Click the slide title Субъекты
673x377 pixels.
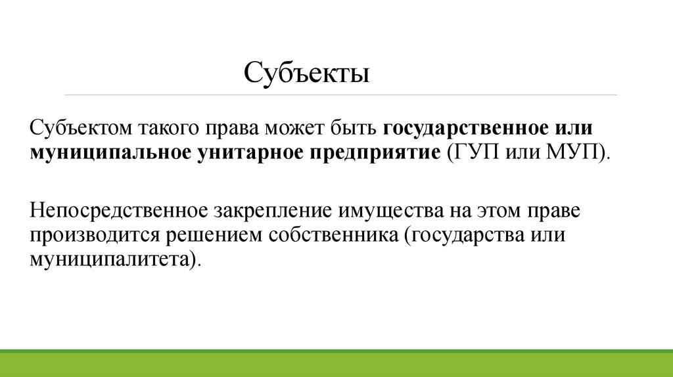click(x=307, y=72)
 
